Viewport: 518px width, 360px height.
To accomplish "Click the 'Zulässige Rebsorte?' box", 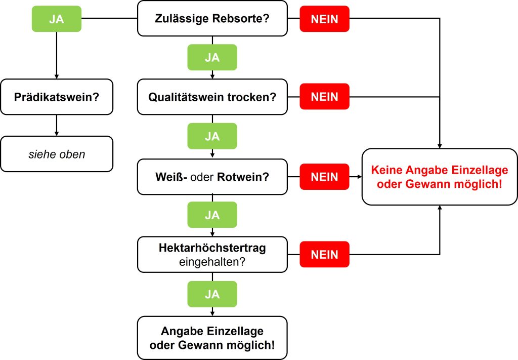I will [212, 19].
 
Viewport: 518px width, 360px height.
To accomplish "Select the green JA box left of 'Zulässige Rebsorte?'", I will [56, 19].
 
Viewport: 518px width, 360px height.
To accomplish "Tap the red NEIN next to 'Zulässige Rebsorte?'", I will [324, 19].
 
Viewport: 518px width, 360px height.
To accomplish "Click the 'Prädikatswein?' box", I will [56, 96].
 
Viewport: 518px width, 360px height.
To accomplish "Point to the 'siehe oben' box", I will [56, 154].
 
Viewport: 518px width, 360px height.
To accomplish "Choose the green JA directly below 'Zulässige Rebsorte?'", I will [212, 57].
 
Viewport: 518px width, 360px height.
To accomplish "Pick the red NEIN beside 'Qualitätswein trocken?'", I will [324, 96].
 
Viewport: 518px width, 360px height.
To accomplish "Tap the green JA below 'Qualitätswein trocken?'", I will [212, 136].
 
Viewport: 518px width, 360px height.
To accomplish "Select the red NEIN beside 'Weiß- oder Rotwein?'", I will [324, 177].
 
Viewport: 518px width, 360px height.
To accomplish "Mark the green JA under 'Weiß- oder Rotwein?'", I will [212, 215].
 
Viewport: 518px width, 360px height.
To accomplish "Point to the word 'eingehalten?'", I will [212, 262].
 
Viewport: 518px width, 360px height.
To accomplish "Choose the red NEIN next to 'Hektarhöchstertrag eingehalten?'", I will [324, 255].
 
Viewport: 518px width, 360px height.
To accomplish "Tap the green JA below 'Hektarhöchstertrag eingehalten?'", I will [212, 294].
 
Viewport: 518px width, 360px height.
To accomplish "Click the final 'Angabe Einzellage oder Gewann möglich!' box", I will [212, 338].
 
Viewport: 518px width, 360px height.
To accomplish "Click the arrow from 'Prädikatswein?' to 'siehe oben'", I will [56, 125].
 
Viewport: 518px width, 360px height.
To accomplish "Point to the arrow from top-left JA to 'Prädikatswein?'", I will [56, 56].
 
